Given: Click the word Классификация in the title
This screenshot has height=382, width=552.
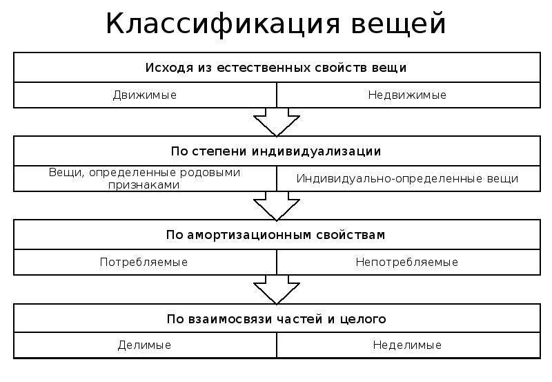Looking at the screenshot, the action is [x=223, y=24].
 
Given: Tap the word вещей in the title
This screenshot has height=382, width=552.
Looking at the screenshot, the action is [x=399, y=24].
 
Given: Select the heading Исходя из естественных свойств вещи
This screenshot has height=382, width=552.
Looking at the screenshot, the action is [x=276, y=68].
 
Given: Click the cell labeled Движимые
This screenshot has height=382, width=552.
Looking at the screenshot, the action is [x=145, y=95].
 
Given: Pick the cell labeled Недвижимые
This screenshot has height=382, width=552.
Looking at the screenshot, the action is [x=408, y=95].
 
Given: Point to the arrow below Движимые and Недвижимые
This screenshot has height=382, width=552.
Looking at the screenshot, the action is [x=277, y=122].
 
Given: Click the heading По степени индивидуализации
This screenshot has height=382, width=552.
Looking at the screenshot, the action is [x=276, y=151].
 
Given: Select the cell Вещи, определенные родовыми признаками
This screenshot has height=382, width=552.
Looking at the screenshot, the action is [x=145, y=179].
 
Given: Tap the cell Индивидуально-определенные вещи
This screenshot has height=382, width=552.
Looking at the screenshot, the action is [x=408, y=179].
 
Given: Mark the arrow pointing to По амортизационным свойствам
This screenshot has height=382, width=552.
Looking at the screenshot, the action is [x=277, y=206].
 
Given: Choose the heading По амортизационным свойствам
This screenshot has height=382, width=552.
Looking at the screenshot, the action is [x=276, y=235].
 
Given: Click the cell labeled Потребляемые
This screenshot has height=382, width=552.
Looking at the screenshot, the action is [x=145, y=262].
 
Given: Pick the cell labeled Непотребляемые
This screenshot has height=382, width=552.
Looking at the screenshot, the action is [x=408, y=262].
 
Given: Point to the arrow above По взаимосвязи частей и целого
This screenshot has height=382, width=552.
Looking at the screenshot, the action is [x=277, y=289].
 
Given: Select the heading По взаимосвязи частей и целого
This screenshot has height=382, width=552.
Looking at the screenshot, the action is [x=277, y=319].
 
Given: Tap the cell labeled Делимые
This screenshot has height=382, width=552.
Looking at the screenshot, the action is [x=145, y=345].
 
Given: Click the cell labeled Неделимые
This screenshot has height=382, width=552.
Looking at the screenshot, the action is [x=408, y=345].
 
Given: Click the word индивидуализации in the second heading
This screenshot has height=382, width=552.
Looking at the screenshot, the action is [x=317, y=151].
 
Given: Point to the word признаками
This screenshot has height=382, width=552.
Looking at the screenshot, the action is [x=144, y=185].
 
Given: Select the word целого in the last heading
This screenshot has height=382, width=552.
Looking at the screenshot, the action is [x=363, y=320].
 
